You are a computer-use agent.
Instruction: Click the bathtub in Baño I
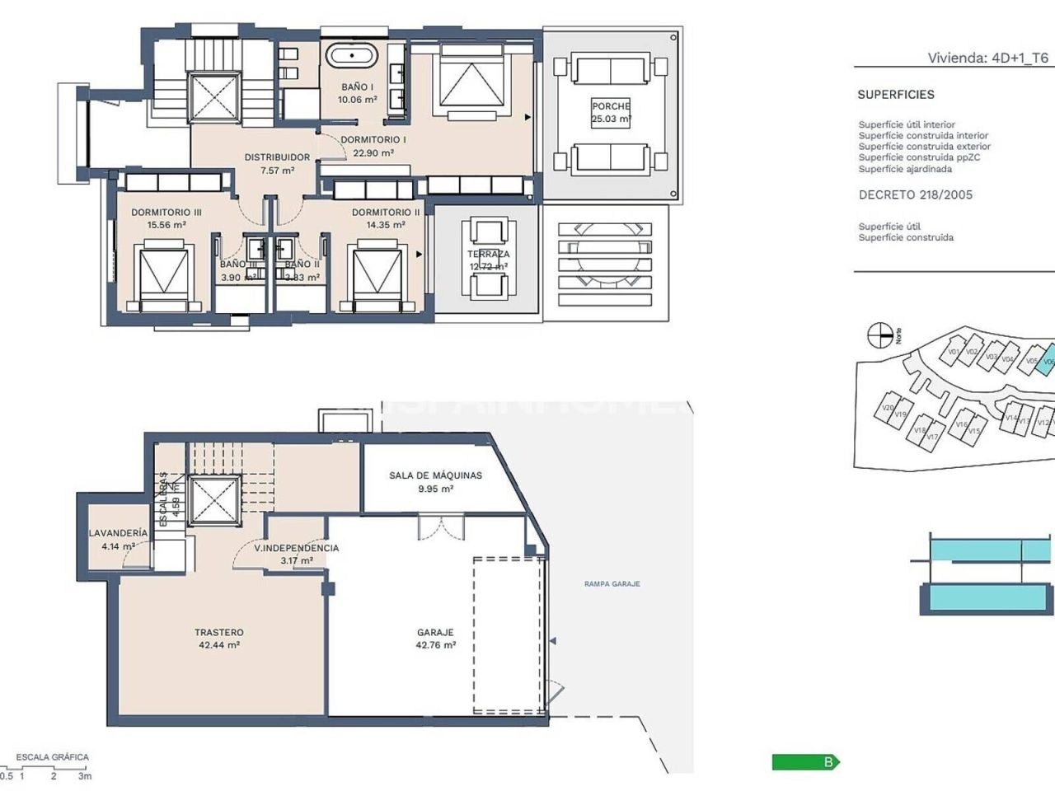pos(352,57)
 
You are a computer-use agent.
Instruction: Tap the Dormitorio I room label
pos(373,146)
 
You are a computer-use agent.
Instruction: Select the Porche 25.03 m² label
pos(611,112)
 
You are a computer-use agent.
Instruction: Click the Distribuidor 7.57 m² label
pos(277,163)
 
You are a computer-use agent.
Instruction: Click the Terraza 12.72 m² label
pos(488,260)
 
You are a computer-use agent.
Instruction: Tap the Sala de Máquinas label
pos(435,481)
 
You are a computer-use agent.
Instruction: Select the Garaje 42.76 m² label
pos(435,639)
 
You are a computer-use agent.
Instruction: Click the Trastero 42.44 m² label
pos(218,639)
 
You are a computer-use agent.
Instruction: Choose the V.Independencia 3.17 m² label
pos(296,554)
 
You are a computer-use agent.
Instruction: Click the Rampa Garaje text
pos(612,584)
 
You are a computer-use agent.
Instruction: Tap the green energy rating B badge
pos(805,762)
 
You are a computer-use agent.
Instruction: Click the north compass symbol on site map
pos(880,335)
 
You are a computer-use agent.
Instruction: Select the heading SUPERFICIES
pos(895,95)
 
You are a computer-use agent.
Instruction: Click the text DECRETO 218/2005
pos(915,195)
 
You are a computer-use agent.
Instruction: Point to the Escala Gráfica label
pos(52,757)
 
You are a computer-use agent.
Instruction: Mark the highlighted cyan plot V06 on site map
pos(1047,360)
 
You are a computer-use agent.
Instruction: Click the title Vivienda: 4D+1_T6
pos(987,58)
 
